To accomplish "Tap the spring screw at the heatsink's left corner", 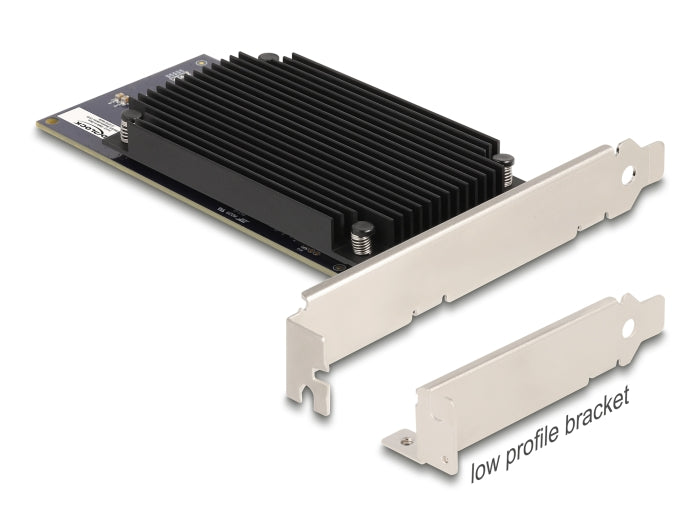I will (132, 125).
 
